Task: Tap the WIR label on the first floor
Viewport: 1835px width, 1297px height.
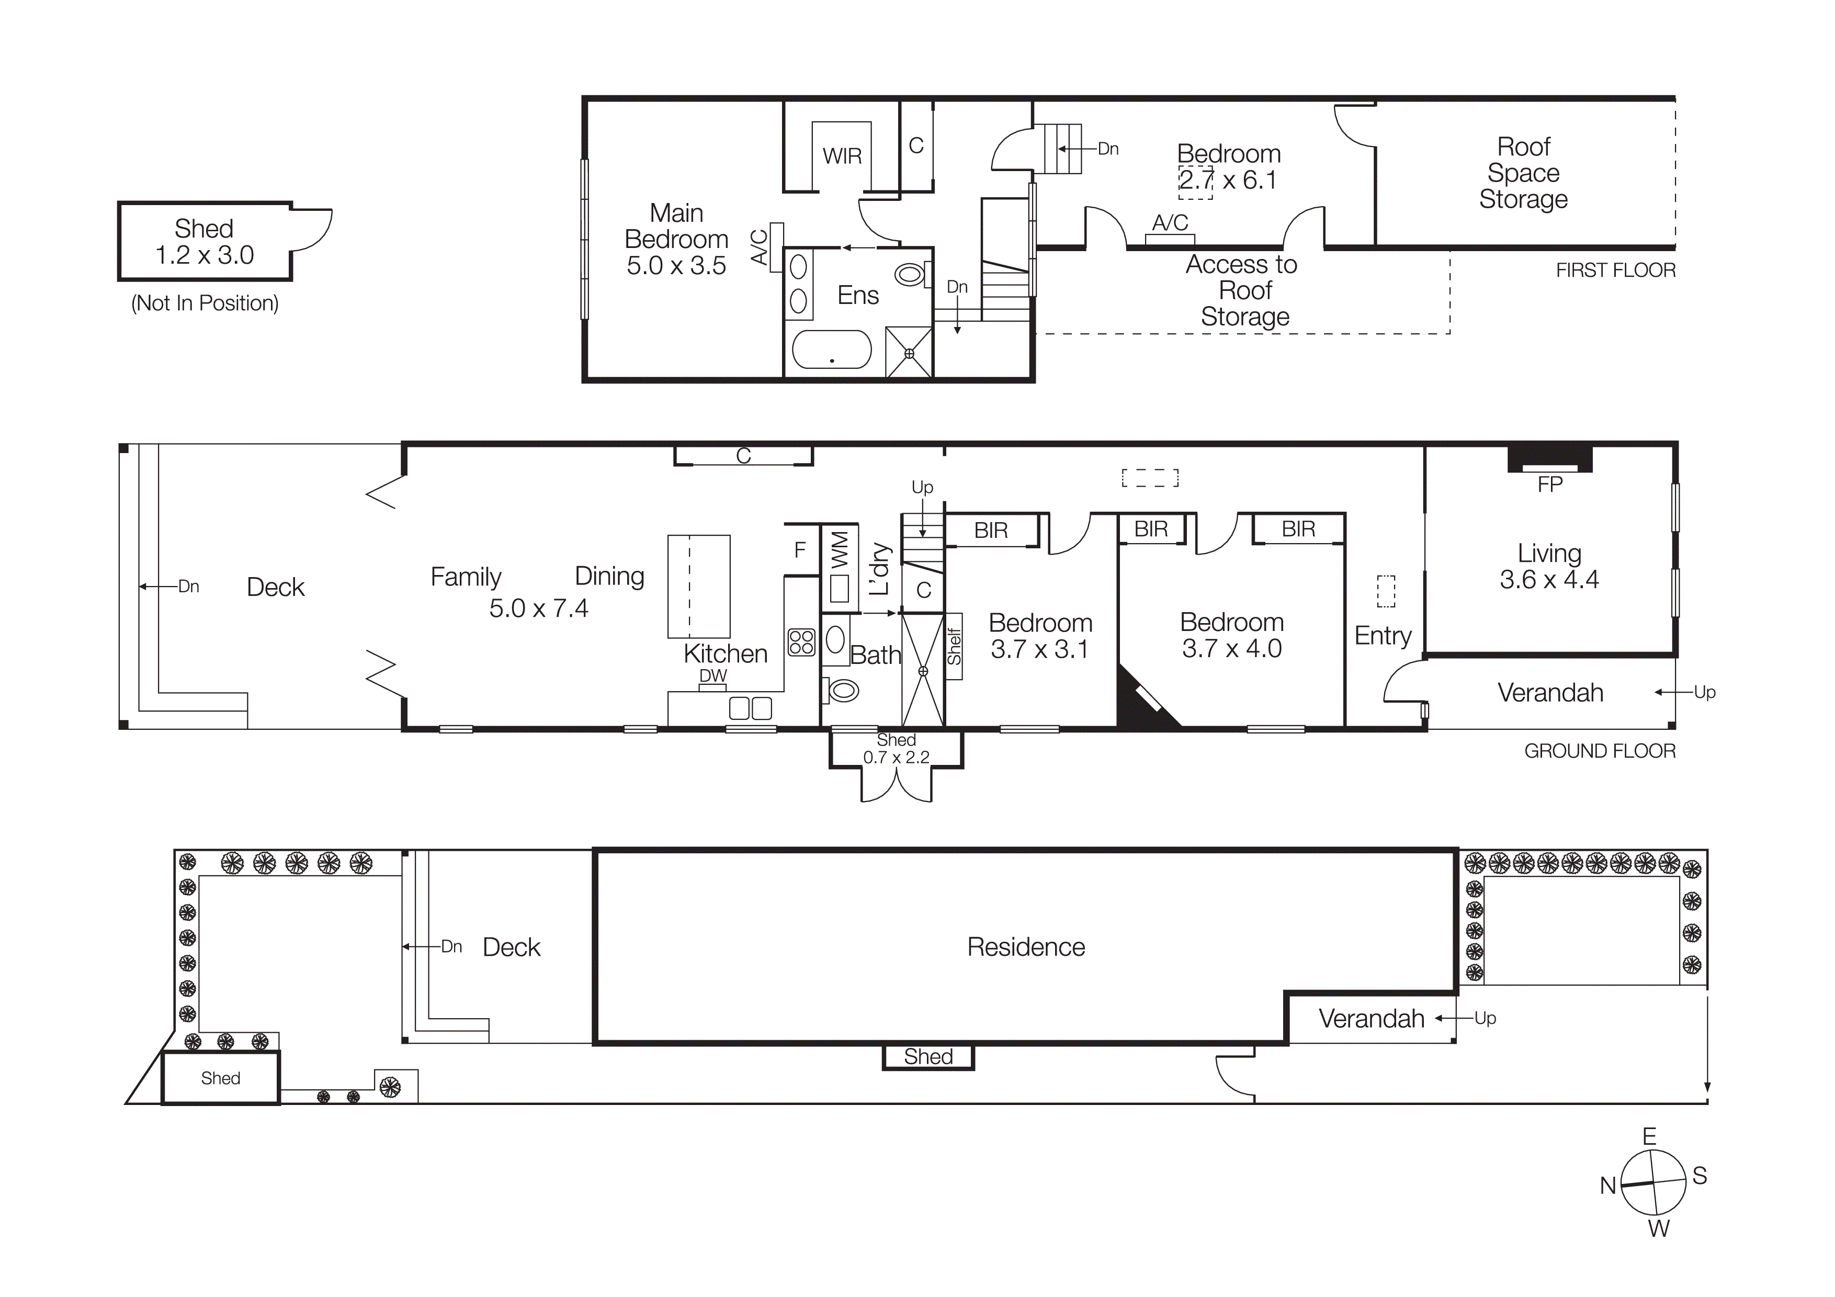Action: [x=842, y=156]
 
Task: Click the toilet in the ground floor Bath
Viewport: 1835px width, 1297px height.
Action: [x=842, y=689]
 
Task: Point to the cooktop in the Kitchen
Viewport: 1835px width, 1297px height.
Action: [x=801, y=642]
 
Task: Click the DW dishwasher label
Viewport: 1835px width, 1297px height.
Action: [x=713, y=675]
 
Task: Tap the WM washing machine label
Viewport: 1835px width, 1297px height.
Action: [x=839, y=550]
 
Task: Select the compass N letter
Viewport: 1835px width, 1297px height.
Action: [x=1608, y=1186]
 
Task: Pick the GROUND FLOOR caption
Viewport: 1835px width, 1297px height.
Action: [x=1599, y=751]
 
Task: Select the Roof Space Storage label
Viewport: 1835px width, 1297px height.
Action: [x=1523, y=173]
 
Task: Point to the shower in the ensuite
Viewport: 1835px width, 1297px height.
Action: [x=909, y=353]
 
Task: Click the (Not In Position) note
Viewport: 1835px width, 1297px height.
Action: [x=205, y=303]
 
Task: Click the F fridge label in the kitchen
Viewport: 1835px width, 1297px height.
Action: [x=800, y=550]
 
